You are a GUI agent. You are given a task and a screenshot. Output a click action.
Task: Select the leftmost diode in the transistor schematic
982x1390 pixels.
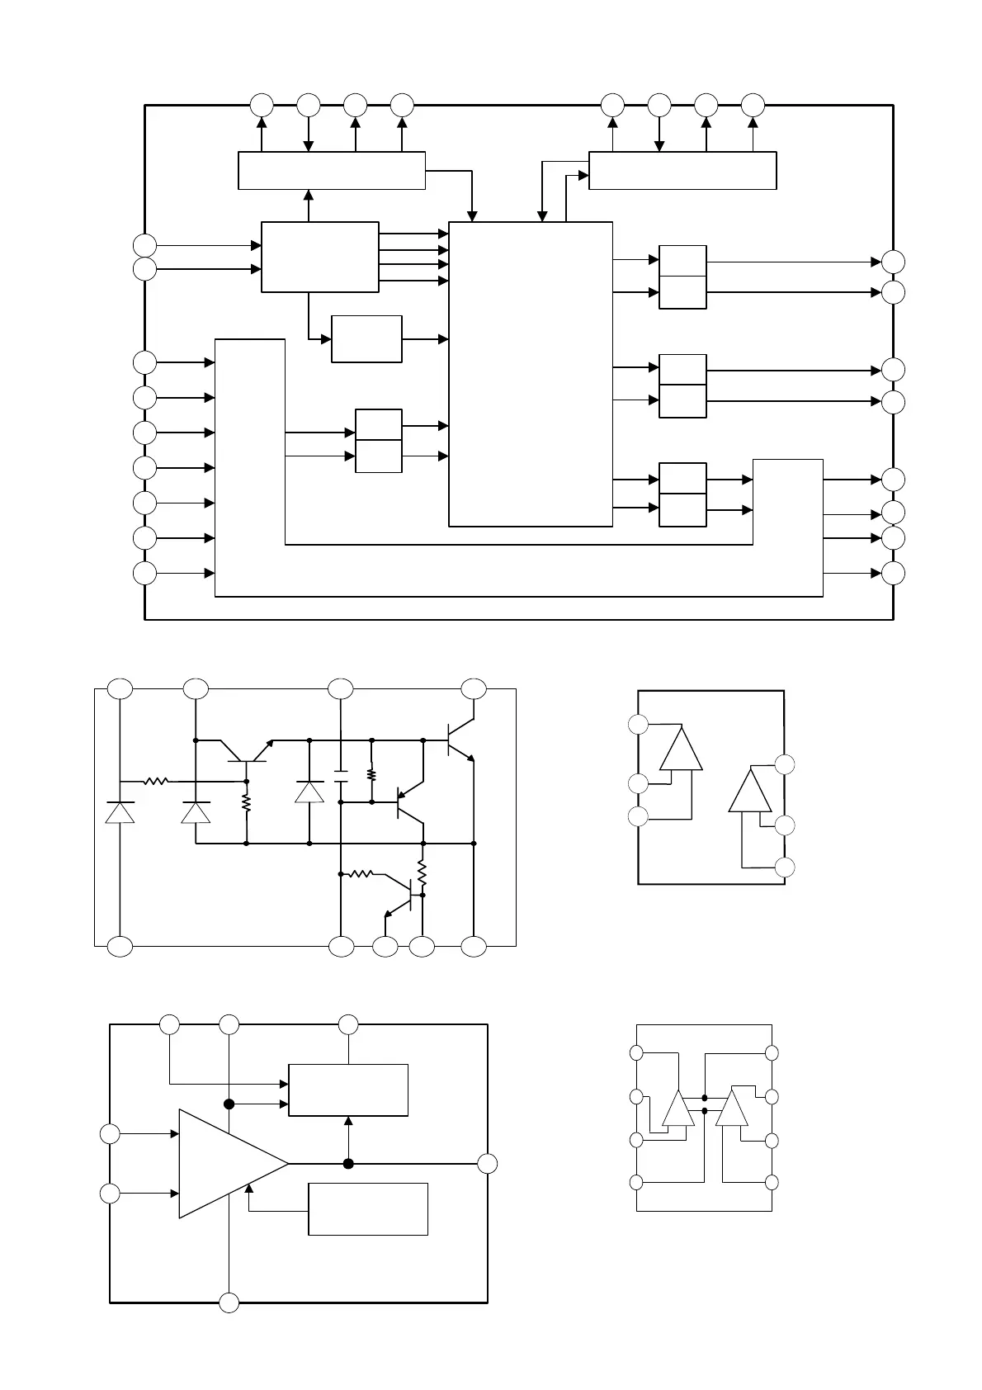[120, 812]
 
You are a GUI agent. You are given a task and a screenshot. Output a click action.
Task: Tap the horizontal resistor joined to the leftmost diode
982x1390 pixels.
[156, 781]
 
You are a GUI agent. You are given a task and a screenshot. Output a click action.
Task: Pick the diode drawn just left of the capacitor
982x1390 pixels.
[309, 792]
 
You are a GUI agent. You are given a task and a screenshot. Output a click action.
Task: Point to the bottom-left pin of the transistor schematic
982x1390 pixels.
[120, 947]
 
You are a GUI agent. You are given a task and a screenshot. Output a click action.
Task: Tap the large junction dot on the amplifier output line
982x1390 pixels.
[348, 1164]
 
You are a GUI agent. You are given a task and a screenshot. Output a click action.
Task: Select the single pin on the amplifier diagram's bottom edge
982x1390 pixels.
[229, 1303]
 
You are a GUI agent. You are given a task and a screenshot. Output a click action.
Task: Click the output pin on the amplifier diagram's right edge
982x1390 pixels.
[488, 1164]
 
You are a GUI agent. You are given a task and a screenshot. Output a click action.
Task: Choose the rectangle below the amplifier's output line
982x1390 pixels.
[368, 1209]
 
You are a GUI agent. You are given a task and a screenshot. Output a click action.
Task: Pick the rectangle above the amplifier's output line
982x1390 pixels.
[348, 1090]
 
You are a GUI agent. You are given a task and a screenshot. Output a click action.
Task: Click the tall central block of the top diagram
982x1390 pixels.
[531, 374]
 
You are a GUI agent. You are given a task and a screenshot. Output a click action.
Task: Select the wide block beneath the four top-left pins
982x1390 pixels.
[332, 171]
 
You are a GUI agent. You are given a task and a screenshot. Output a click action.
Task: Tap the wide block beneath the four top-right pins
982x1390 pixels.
[682, 171]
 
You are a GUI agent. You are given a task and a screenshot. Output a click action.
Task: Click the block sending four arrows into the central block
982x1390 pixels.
[320, 257]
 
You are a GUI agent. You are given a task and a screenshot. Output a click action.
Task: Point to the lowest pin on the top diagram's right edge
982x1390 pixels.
[893, 573]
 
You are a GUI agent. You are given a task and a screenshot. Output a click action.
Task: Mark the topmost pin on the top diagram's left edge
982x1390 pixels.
[144, 245]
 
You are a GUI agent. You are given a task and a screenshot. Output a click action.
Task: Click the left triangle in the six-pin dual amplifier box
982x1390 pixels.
[682, 749]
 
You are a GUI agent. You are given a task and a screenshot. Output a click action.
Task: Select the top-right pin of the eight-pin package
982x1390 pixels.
[772, 1053]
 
